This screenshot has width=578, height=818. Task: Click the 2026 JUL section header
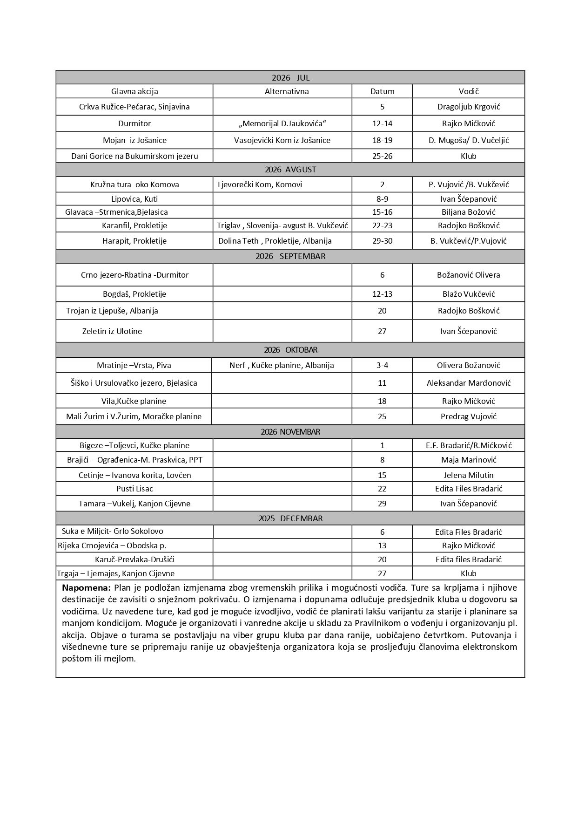(x=290, y=78)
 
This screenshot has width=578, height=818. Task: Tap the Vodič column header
(x=468, y=91)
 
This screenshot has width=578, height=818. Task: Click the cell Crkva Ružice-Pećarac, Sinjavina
(x=134, y=107)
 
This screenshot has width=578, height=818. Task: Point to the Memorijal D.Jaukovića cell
(x=282, y=123)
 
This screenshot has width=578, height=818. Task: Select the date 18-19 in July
(x=382, y=140)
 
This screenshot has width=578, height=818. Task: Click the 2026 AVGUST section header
(x=290, y=170)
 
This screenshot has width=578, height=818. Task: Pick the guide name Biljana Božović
(x=468, y=212)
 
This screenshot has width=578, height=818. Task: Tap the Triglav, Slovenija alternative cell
(x=282, y=225)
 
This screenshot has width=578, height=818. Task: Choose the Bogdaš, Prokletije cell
(x=134, y=294)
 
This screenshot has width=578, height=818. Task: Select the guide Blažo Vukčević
(x=468, y=294)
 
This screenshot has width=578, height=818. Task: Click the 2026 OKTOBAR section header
(x=290, y=350)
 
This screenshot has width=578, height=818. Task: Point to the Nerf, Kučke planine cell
(x=282, y=365)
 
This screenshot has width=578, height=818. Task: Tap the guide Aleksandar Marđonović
(x=468, y=383)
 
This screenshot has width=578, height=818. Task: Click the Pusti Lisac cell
(x=134, y=489)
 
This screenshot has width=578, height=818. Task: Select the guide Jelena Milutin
(x=468, y=475)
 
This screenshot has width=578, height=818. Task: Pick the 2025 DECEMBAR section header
(x=290, y=518)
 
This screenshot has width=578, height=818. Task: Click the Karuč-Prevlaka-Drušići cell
(x=134, y=559)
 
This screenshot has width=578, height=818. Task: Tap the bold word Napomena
(x=86, y=587)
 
